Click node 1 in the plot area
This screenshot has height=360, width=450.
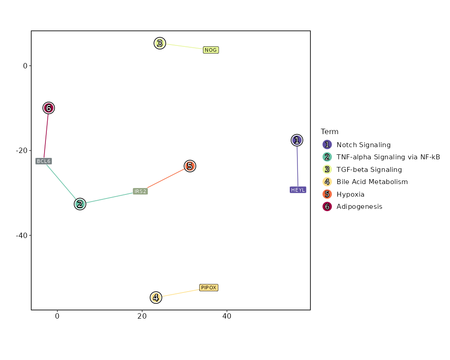(x=297, y=140)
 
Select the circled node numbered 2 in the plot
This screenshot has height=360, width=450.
(x=80, y=204)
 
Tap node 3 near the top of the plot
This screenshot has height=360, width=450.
(x=160, y=43)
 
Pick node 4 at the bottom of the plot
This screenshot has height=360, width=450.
(x=156, y=297)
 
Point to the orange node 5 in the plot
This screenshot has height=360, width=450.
(x=190, y=166)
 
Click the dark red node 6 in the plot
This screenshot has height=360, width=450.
(x=49, y=108)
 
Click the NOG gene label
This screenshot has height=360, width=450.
(x=211, y=50)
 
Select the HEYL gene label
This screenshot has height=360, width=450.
(x=298, y=190)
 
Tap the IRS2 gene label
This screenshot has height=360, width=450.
(x=140, y=191)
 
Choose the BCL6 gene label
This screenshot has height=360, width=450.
(x=44, y=161)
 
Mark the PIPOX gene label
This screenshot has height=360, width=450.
(x=209, y=288)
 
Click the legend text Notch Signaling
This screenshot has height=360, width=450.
(x=364, y=145)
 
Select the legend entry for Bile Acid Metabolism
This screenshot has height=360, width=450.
(x=372, y=182)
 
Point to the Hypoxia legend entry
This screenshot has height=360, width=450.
(x=350, y=194)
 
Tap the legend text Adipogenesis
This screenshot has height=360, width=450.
(x=359, y=207)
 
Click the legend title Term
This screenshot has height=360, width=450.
(x=329, y=132)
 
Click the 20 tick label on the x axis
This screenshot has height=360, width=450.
(x=142, y=316)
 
